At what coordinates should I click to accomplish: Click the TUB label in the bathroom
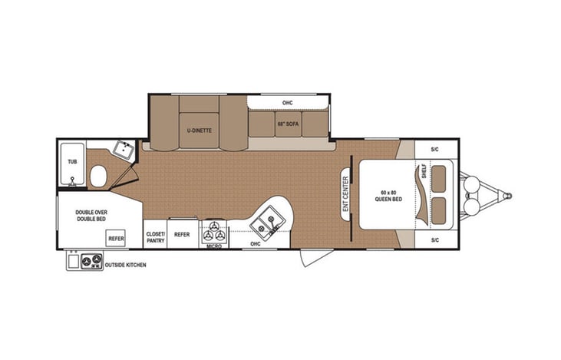[72, 162]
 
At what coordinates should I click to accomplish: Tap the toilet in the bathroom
[97, 179]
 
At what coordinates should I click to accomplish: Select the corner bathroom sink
[122, 148]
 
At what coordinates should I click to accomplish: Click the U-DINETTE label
[199, 130]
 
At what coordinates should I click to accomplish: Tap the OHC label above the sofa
[288, 102]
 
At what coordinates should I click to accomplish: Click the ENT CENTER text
[345, 193]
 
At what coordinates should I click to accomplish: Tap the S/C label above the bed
[434, 149]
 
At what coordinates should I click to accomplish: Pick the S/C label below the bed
[434, 240]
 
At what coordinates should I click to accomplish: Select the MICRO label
[214, 246]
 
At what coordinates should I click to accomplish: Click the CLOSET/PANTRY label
[156, 236]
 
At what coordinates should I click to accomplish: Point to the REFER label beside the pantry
[182, 234]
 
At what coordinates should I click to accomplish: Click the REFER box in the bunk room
[116, 239]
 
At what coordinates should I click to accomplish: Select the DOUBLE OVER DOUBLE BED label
[91, 216]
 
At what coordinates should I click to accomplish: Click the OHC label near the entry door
[256, 244]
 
